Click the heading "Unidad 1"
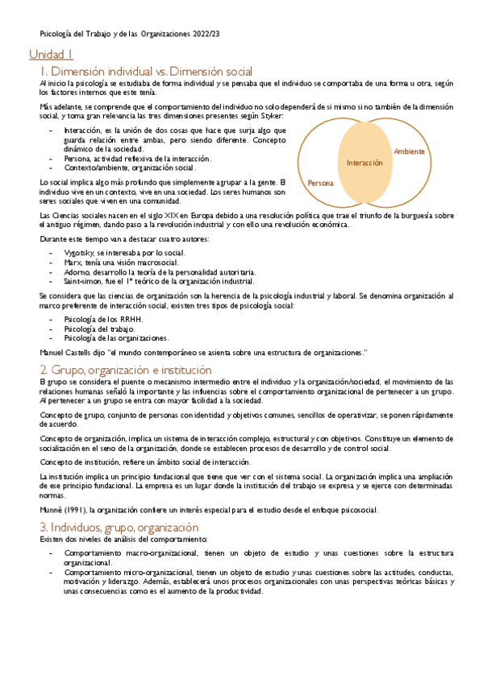[x=51, y=55]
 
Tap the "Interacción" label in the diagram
[x=364, y=163]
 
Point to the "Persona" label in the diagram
[x=321, y=183]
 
